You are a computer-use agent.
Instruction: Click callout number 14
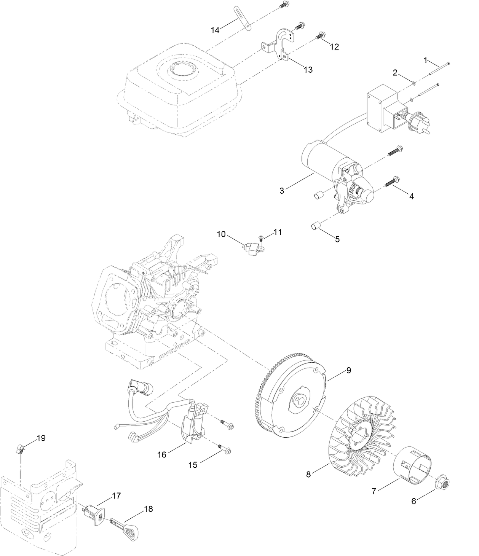tap(215, 30)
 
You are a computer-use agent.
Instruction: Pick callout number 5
tap(337, 239)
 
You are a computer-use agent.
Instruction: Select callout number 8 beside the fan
tap(308, 474)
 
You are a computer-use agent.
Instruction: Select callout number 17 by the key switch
tap(116, 496)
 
